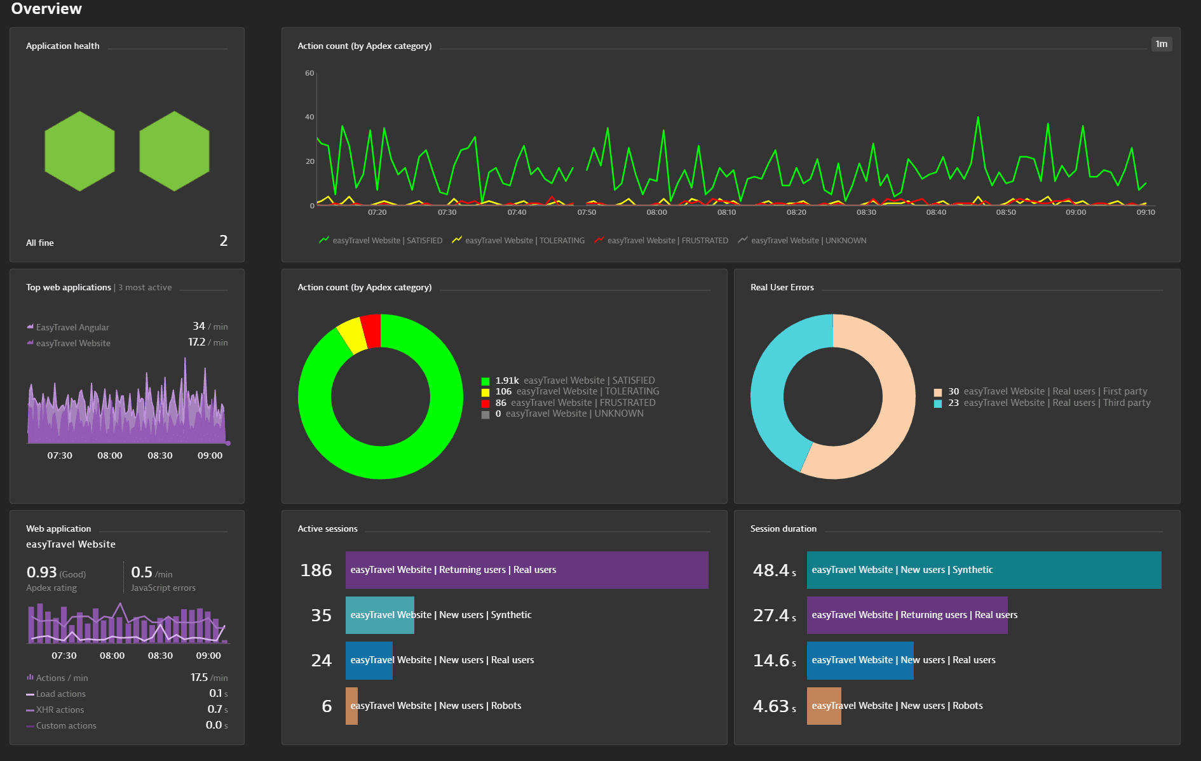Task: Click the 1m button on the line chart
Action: point(1161,44)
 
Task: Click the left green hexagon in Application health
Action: point(79,151)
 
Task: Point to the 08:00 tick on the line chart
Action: point(656,212)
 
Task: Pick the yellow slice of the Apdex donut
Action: point(351,335)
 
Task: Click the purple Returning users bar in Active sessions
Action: point(526,570)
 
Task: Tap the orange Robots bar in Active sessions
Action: point(351,706)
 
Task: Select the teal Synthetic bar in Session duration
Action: point(983,570)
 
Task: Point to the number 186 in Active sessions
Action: point(316,570)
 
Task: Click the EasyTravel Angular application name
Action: point(72,327)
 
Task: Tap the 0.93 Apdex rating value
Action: point(42,572)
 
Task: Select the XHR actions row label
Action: point(60,710)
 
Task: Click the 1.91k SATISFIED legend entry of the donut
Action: point(568,380)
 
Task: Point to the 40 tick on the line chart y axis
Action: point(309,117)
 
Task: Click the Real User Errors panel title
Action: point(782,287)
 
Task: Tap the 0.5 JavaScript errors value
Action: point(142,572)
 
